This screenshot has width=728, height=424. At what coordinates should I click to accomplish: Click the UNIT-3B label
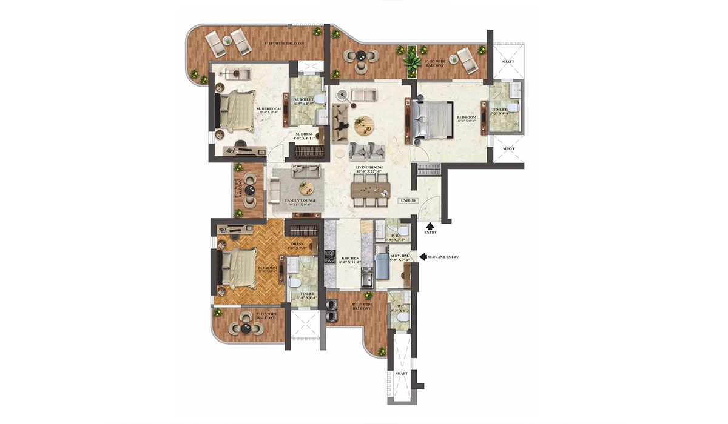click(407, 200)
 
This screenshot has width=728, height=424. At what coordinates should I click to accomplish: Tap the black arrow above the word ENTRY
click(430, 225)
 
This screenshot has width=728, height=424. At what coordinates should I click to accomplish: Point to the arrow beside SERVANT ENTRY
click(422, 257)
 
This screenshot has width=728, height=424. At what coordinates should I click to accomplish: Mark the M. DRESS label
click(303, 136)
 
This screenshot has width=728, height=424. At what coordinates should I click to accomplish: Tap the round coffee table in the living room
click(365, 126)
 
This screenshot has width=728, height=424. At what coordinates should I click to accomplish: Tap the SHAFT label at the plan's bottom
click(402, 374)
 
